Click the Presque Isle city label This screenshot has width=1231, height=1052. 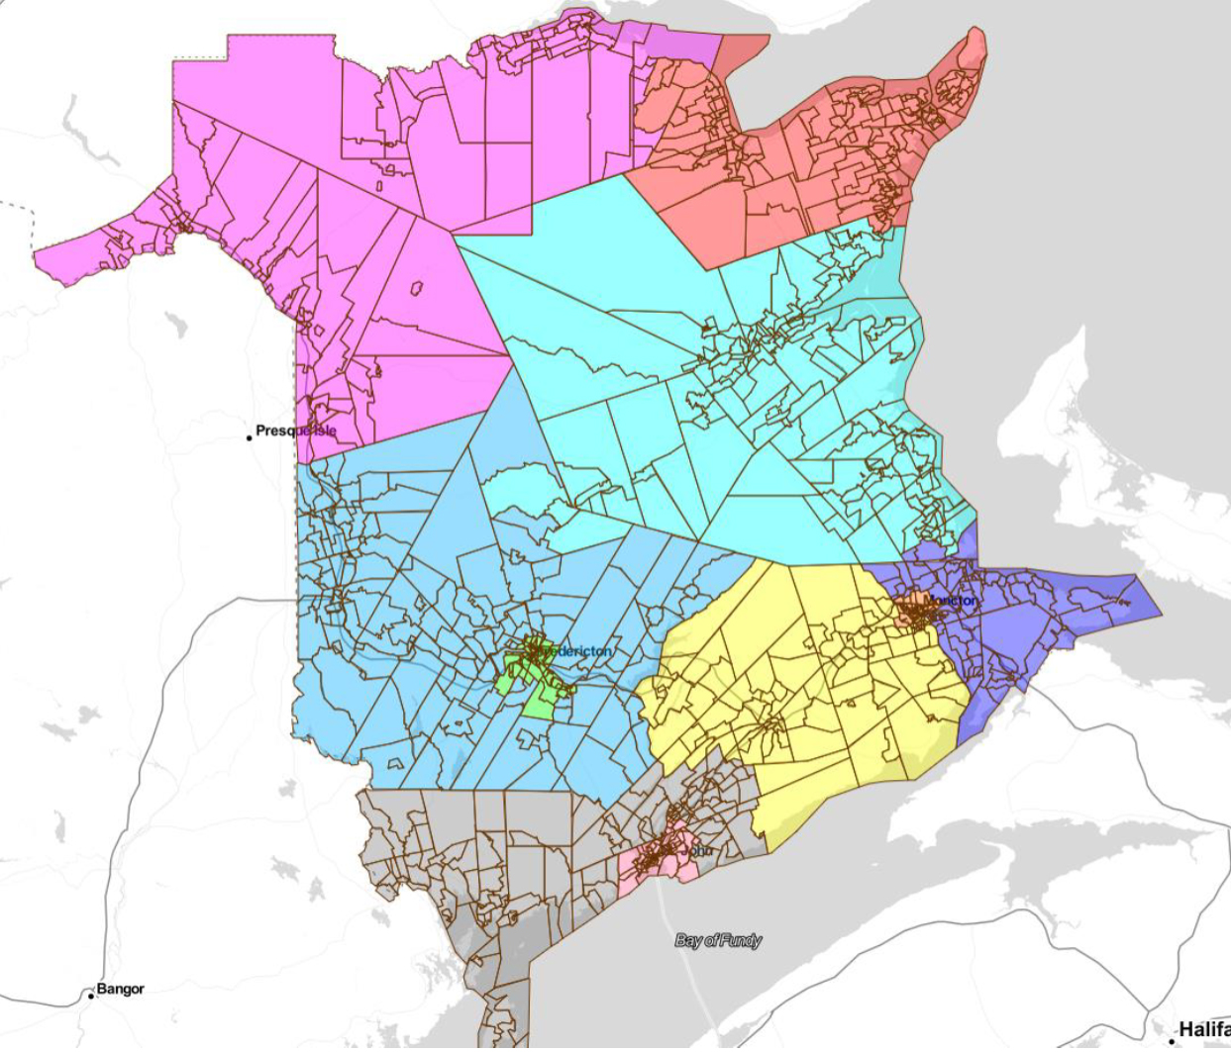[295, 430]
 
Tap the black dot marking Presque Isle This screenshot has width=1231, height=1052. [250, 436]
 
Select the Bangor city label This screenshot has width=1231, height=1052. [120, 989]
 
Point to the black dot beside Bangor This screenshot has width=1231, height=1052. [90, 995]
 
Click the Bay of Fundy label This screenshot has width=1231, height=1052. [718, 940]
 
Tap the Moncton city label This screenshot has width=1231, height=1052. [951, 601]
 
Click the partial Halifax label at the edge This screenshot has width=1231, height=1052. [1203, 1030]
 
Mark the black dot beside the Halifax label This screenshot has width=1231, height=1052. [1173, 1040]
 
